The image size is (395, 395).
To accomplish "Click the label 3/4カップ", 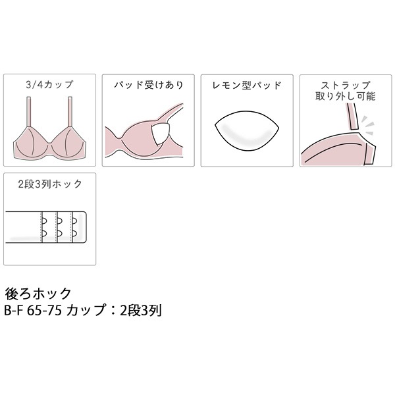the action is [x=49, y=85].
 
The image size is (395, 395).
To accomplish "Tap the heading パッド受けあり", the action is [x=148, y=85].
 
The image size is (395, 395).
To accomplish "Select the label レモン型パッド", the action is [x=247, y=86].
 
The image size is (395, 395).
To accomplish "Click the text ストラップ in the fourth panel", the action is [x=346, y=85].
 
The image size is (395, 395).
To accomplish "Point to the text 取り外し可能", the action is [x=346, y=96].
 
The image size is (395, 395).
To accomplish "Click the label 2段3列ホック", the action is [x=50, y=184].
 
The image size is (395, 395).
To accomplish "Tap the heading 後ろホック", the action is [x=38, y=294].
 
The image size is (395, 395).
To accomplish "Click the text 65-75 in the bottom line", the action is [x=44, y=311].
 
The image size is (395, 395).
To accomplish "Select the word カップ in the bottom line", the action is [x=86, y=310].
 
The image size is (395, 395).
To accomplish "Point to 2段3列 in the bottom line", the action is [x=141, y=310].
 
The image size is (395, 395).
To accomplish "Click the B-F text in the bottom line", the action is [x=14, y=311].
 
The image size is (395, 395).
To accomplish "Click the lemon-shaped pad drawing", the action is [x=247, y=131].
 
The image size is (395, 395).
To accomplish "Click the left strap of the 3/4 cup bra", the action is [x=28, y=112].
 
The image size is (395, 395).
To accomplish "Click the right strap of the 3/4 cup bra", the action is [x=70, y=112].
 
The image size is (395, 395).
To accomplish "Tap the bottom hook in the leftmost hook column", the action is [x=44, y=234].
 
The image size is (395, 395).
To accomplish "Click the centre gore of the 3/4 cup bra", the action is [x=49, y=146].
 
